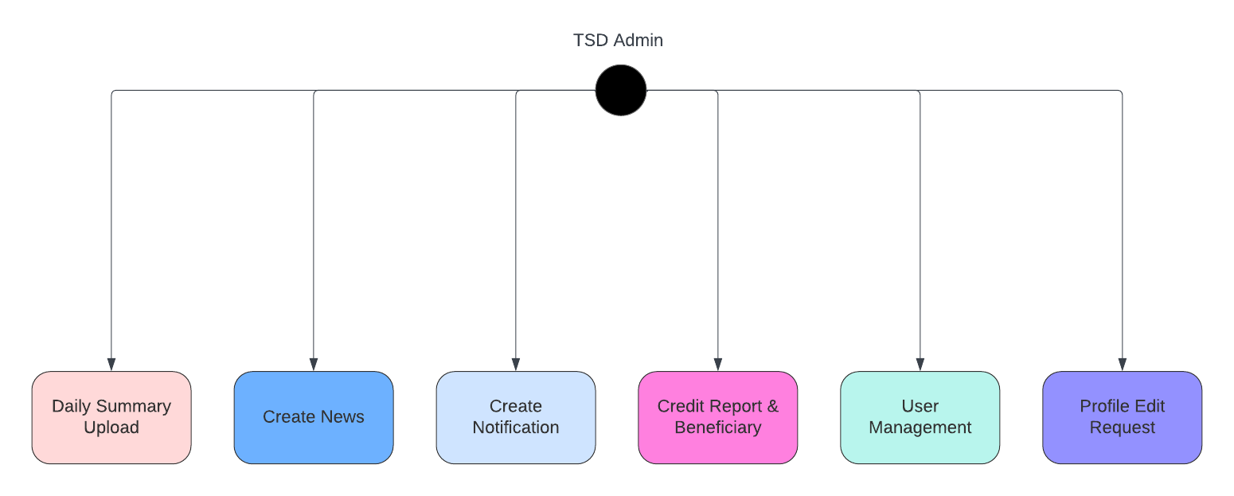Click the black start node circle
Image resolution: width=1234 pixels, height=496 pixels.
621,91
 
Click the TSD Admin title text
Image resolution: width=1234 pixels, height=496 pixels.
618,41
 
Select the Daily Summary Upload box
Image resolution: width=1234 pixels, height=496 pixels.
111,417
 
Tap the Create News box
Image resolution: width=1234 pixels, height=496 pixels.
314,417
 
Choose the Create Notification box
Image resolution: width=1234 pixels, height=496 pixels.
516,417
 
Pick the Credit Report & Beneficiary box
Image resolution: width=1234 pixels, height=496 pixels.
718,417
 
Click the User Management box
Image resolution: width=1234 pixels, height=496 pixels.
920,417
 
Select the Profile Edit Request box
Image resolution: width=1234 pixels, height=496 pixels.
1123,417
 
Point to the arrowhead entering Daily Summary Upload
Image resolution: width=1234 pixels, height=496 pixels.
111,365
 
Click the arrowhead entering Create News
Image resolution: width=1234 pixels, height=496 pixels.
314,365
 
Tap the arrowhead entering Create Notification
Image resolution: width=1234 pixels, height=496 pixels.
516,365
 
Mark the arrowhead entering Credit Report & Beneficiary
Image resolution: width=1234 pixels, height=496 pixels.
718,365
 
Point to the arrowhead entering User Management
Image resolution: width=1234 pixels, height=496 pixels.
920,365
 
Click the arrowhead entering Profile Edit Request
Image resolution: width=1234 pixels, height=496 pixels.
1123,365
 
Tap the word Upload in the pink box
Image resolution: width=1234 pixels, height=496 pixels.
111,428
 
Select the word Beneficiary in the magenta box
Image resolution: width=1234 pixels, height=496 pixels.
718,428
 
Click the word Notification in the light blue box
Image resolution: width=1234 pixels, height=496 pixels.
516,428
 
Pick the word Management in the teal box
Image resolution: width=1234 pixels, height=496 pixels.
920,428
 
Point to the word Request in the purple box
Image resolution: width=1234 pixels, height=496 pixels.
1123,428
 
